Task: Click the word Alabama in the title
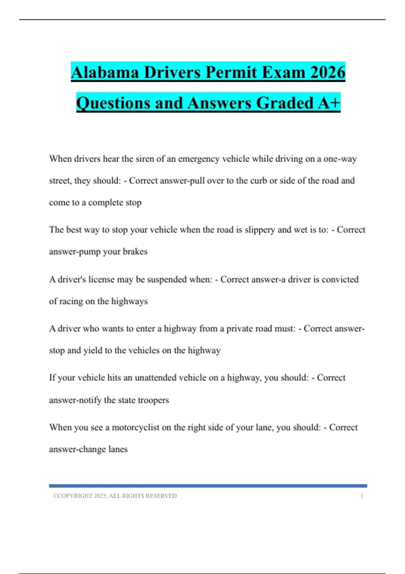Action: (105, 73)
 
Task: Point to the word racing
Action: (71, 301)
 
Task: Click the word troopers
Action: (154, 400)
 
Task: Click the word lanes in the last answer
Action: (118, 449)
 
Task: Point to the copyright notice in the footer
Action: (115, 496)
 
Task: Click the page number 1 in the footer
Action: (361, 496)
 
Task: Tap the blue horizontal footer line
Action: (208, 486)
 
